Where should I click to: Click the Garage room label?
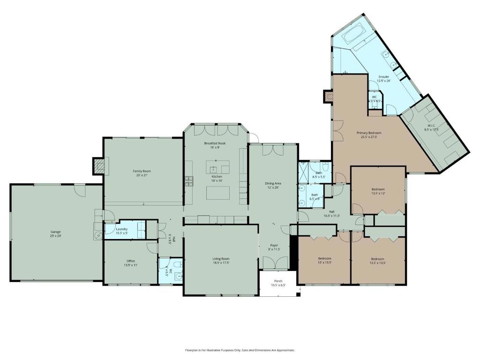[x=55, y=232]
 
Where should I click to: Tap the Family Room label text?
[x=142, y=171]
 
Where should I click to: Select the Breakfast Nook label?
[x=215, y=143]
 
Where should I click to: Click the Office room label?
[x=131, y=261]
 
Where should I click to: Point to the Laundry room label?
[x=122, y=229]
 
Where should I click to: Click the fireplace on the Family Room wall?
[x=98, y=165]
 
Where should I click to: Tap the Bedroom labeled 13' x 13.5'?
[x=324, y=259]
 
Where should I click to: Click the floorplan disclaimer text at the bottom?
[x=240, y=350]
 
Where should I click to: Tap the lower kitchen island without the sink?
[x=218, y=193]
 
